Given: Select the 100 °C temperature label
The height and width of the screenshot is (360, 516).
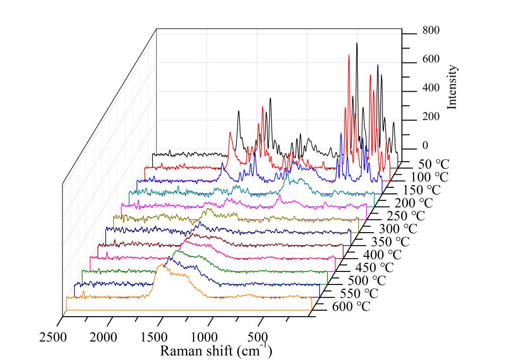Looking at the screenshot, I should (429, 177).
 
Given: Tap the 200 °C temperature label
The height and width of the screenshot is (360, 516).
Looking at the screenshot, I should (414, 203).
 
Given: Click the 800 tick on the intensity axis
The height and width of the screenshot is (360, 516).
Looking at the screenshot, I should (431, 30).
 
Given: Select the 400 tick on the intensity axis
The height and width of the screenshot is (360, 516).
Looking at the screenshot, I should (431, 88).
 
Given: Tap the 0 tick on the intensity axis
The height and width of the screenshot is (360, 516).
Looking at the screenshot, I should (425, 146).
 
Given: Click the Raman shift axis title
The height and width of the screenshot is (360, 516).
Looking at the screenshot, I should (216, 350).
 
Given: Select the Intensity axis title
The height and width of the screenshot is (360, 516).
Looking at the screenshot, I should (452, 87).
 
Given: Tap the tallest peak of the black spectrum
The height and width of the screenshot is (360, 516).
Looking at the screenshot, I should (357, 43).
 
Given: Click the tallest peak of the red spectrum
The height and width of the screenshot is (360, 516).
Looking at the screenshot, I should (349, 55).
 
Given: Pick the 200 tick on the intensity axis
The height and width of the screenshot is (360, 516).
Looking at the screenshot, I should (431, 117).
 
